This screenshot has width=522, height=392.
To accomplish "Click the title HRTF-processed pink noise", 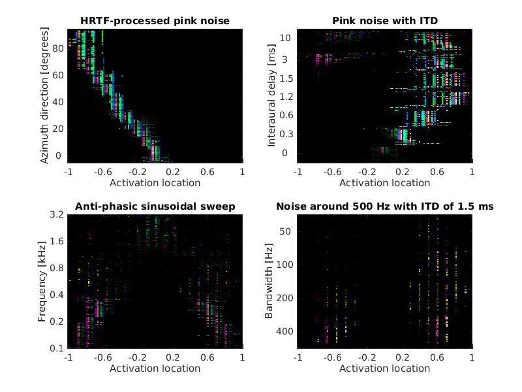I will click(155, 21).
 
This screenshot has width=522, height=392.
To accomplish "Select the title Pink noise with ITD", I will click(384, 21).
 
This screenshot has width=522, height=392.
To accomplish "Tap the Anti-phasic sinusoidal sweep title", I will click(155, 206).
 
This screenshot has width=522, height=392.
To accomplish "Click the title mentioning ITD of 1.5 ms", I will click(384, 206).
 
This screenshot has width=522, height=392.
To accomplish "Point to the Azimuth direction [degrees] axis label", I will click(44, 95).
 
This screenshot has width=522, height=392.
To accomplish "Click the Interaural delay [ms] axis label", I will click(272, 95).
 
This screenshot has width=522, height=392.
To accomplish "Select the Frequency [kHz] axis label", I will click(42, 281).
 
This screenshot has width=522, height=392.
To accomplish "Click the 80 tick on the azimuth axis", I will click(59, 48).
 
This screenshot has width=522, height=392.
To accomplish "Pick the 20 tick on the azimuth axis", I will click(59, 129).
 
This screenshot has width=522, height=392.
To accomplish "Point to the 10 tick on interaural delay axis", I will click(284, 39).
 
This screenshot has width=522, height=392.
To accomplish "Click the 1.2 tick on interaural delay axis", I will click(286, 97).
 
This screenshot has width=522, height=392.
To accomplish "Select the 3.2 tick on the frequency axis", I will click(56, 214).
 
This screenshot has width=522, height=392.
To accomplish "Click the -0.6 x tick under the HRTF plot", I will click(102, 172).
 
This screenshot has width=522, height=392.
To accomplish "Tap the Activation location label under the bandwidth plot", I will click(384, 368).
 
